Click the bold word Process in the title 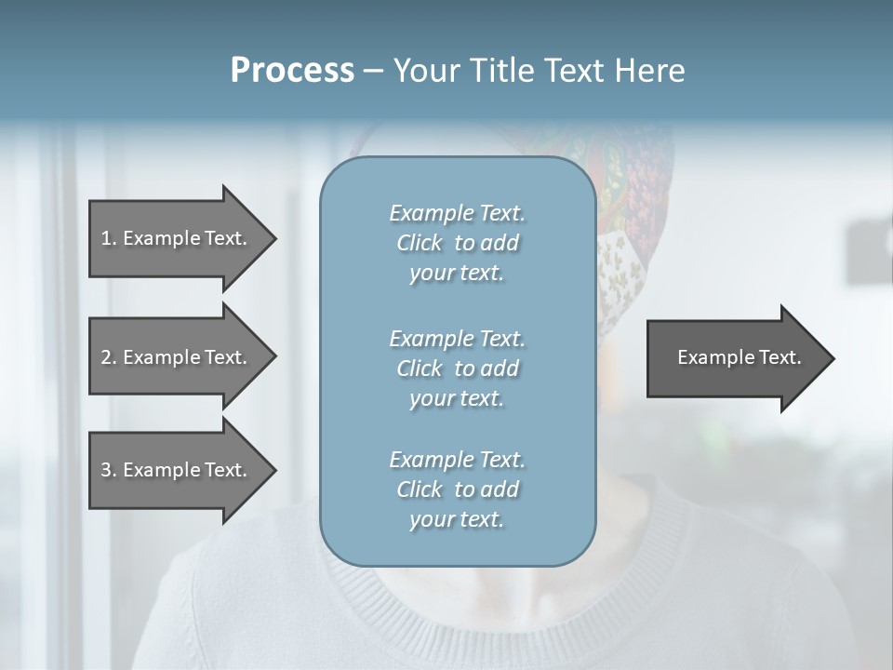coord(292,71)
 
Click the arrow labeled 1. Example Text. coord(177,238)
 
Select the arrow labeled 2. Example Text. coord(177,357)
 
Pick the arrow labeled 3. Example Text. coord(177,470)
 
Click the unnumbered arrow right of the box coord(735,357)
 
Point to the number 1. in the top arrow coord(109,238)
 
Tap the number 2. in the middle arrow coord(109,357)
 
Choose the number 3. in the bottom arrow coord(109,470)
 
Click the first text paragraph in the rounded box coord(457,243)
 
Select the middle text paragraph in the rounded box coord(457,368)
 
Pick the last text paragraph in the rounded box coord(457,489)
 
